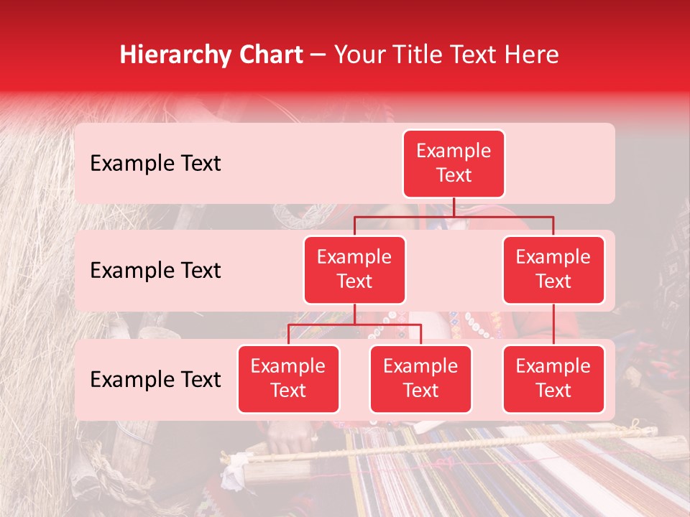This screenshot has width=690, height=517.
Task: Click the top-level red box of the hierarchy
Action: click(454, 163)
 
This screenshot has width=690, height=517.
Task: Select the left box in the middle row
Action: click(354, 269)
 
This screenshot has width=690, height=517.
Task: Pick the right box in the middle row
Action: click(553, 269)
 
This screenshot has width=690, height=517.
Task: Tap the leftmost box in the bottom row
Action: click(288, 378)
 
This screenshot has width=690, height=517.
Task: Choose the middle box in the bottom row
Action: click(420, 378)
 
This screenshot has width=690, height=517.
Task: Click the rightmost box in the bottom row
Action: click(553, 378)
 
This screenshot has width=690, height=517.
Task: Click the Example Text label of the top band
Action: click(155, 163)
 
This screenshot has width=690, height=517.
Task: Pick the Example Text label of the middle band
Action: click(155, 270)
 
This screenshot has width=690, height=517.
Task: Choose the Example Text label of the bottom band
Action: click(155, 379)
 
